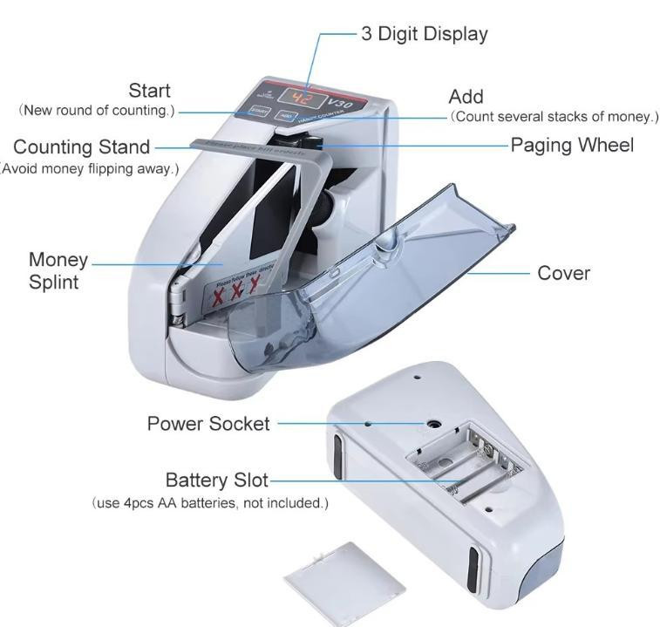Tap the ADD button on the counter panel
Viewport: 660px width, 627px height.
286,114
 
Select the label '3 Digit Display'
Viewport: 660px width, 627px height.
424,34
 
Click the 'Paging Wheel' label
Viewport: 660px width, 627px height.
572,145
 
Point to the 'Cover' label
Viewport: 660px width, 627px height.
563,273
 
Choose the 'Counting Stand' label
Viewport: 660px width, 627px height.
82,147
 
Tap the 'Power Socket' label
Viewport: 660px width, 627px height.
208,424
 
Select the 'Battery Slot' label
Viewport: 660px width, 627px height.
217,480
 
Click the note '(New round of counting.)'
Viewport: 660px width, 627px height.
97,110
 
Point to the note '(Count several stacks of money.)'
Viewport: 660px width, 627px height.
554,116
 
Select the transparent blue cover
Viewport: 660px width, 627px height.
366,279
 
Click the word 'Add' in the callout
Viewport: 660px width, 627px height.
466,96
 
